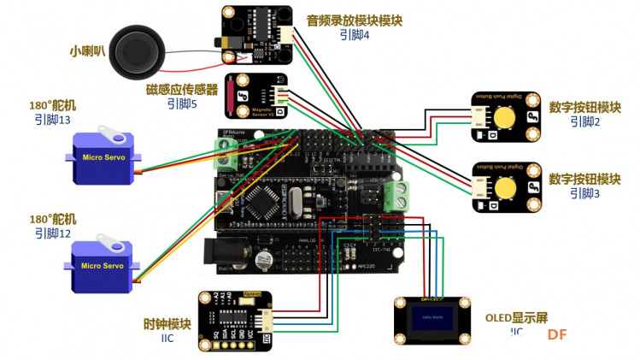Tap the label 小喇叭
88,50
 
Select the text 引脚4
354,35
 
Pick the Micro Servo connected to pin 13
103,158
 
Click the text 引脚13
53,121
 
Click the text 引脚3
585,194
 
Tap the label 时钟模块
167,324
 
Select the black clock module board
235,321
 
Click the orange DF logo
557,335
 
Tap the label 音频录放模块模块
366,20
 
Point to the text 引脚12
53,233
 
